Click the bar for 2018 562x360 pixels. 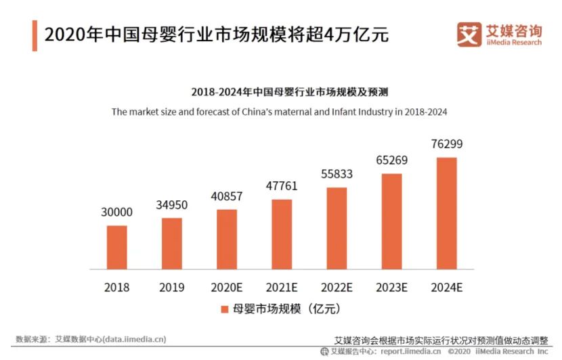[x=116, y=246]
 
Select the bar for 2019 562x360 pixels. [x=172, y=243]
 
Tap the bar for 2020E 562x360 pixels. [x=227, y=239]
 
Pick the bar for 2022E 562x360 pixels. [x=337, y=227]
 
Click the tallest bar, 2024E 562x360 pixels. [x=447, y=212]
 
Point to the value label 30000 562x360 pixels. [x=116, y=212]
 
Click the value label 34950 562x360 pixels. [x=171, y=204]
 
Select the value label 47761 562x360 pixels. [x=282, y=186]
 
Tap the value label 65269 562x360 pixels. [x=392, y=160]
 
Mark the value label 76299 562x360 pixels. [x=447, y=144]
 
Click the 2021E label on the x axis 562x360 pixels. [x=282, y=287]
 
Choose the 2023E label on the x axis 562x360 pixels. [x=391, y=287]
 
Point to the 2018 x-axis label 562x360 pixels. [x=116, y=287]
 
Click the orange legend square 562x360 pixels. [x=224, y=309]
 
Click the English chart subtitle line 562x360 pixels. [x=279, y=112]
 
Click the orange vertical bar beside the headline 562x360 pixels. [x=35, y=35]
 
